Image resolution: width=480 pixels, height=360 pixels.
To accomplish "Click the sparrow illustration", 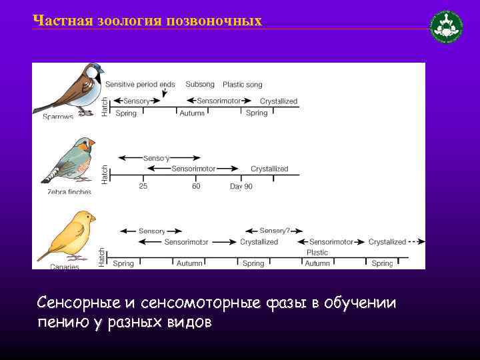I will tap(70, 89).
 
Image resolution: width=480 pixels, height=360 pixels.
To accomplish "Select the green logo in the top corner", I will tap(447, 27).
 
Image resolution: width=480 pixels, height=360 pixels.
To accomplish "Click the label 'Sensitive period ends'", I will tap(140, 85).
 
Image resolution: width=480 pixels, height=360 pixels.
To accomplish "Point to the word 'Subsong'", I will tap(200, 85).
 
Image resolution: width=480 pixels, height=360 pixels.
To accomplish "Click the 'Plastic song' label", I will tap(242, 85).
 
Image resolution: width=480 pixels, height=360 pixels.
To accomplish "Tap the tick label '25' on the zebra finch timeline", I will tap(143, 187).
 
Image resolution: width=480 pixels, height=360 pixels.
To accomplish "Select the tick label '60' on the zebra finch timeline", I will tap(196, 187).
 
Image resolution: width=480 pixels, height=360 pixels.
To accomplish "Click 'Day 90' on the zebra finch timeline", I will tap(241, 187).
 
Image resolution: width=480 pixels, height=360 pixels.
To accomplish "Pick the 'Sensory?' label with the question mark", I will tap(275, 231).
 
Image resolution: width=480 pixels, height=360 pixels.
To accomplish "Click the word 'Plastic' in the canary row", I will tap(317, 253).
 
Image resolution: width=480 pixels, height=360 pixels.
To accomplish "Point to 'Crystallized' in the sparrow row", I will tap(279, 101).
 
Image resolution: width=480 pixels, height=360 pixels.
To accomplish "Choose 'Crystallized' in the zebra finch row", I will tap(269, 169).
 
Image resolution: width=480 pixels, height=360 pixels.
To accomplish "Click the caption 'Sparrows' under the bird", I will tap(59, 117).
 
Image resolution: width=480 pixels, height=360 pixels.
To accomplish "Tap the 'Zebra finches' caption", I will tap(69, 192).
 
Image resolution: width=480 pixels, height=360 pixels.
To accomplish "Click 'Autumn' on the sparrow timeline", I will tap(192, 113).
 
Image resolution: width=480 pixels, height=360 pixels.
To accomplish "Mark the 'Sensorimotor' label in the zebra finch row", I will tap(194, 169).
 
